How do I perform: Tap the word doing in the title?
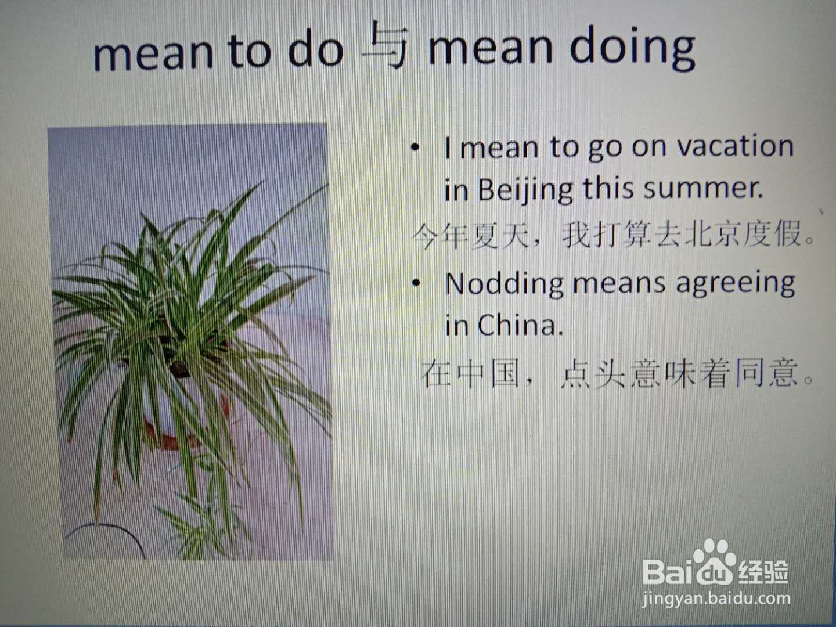click(x=633, y=48)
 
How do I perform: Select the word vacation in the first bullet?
click(x=735, y=146)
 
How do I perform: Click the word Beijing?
click(x=525, y=190)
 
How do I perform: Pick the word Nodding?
click(x=505, y=284)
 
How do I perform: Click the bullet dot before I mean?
click(x=416, y=147)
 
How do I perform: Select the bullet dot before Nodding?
click(x=416, y=283)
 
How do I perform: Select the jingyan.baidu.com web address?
click(x=716, y=599)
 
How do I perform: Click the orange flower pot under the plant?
click(x=179, y=430)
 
